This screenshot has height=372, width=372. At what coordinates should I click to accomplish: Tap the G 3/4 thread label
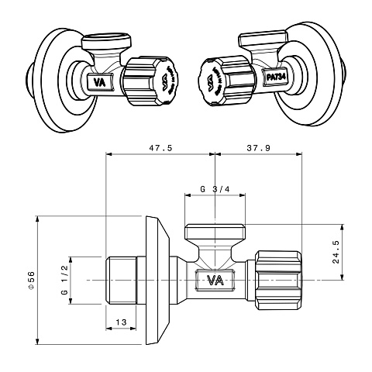[x=214, y=188]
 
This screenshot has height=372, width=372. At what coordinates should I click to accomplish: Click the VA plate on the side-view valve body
[x=214, y=280]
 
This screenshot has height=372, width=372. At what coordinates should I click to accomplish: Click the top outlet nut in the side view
[x=215, y=231]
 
